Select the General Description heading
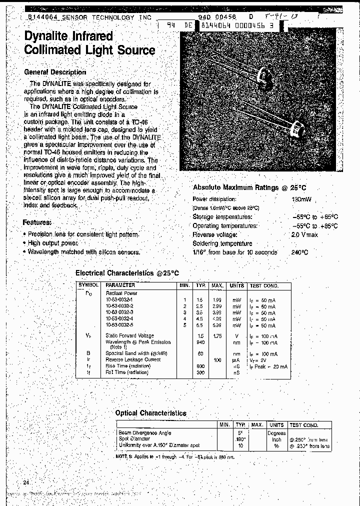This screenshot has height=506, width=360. [55, 72]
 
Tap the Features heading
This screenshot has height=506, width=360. [37, 222]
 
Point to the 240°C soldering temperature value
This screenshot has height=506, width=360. [299, 252]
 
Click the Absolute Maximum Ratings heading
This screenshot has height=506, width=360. [249, 187]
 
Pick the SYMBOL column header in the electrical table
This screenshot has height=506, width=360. [88, 285]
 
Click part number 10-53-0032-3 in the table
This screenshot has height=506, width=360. [119, 312]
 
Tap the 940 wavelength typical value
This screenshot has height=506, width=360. [200, 342]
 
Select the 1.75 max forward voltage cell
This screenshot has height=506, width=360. [217, 336]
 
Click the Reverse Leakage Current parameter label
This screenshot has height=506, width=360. [133, 359]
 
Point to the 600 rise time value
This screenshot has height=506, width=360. [200, 366]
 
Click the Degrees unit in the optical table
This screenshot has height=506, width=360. [276, 433]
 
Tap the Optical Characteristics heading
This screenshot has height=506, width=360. [150, 413]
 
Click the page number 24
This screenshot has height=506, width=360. [26, 482]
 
